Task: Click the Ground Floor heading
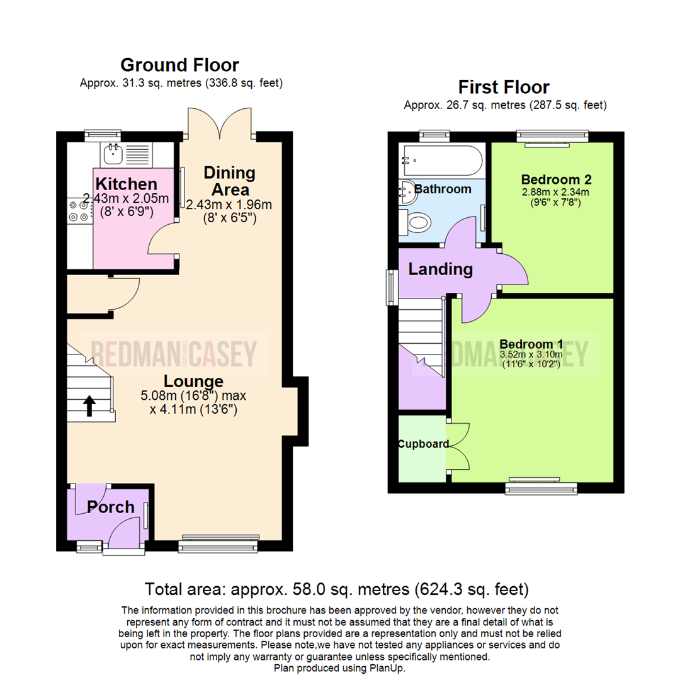(x=179, y=65)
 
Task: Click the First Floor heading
(x=504, y=87)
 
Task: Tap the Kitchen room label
(x=126, y=184)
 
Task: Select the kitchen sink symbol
(x=115, y=152)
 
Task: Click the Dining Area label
(x=229, y=181)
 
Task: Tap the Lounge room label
(x=193, y=382)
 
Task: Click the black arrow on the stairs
(x=89, y=406)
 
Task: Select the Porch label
(x=110, y=507)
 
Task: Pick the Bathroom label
(x=443, y=189)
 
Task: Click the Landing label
(x=440, y=269)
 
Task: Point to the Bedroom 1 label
(x=531, y=344)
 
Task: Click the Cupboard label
(x=422, y=444)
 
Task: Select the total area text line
(x=337, y=590)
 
